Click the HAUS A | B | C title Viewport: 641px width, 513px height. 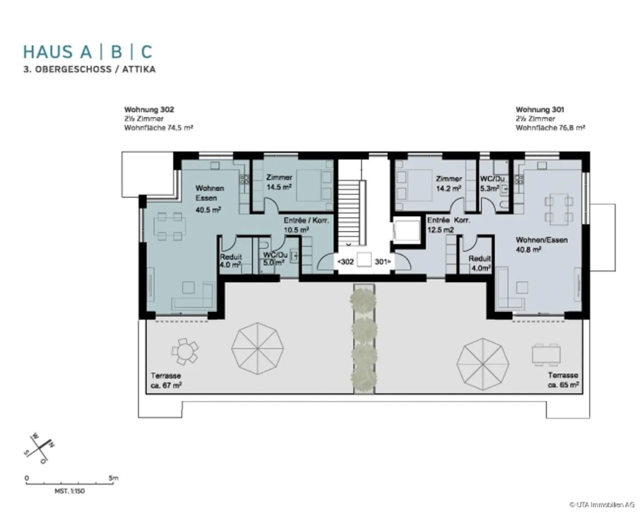click(88, 52)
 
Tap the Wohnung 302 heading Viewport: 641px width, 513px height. click(149, 109)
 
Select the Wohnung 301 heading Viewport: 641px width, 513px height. click(540, 109)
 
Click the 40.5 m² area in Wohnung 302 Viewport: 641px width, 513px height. click(208, 209)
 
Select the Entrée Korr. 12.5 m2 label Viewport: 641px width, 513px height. click(448, 225)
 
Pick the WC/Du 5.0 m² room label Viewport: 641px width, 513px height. click(274, 259)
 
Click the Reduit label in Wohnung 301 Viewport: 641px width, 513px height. click(480, 263)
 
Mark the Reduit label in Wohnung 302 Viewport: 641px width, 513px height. click(231, 261)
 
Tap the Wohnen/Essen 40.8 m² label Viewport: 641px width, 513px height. click(541, 245)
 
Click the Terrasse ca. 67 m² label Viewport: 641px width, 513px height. click(166, 380)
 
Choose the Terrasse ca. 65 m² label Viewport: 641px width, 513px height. click(563, 380)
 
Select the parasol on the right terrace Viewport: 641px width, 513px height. click(483, 364)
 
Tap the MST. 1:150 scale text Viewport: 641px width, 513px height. click(69, 491)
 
